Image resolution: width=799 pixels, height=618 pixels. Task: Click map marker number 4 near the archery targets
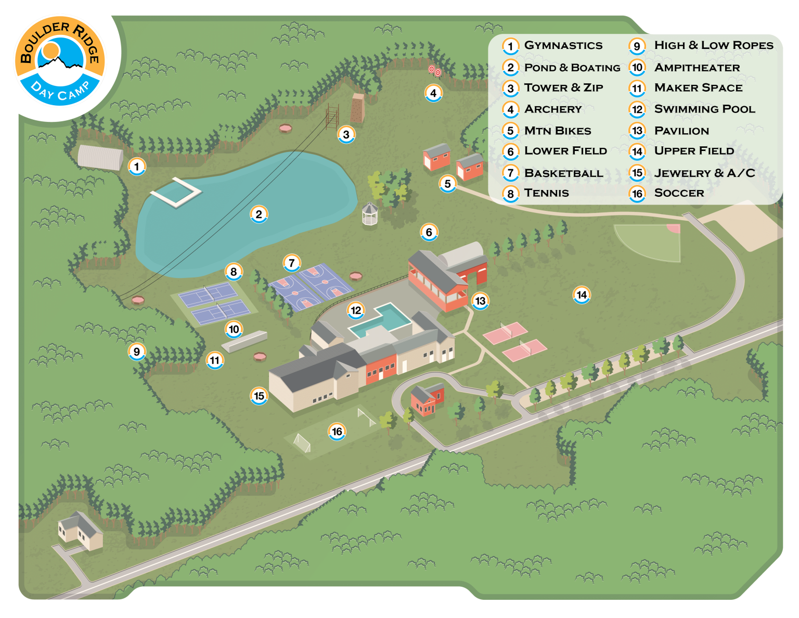click(433, 93)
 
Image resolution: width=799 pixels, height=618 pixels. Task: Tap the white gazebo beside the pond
click(369, 213)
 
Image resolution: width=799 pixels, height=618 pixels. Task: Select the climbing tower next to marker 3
click(357, 108)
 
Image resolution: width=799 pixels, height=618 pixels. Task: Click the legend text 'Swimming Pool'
click(704, 109)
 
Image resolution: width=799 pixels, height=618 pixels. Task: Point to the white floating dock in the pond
click(176, 192)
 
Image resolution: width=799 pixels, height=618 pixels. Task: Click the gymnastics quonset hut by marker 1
click(100, 157)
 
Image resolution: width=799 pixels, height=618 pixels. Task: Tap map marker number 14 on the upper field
click(582, 295)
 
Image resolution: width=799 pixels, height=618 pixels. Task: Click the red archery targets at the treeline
click(434, 71)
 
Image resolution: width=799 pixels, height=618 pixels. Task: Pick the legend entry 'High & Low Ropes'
click(714, 45)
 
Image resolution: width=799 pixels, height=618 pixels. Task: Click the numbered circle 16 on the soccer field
click(337, 431)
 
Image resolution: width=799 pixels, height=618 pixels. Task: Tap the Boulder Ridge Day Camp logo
click(60, 62)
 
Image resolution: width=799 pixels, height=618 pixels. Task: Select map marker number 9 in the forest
click(137, 351)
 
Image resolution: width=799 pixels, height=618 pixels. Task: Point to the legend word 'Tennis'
click(546, 193)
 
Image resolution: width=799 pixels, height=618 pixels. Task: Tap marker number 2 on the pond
click(259, 214)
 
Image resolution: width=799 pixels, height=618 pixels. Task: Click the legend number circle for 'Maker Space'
click(637, 88)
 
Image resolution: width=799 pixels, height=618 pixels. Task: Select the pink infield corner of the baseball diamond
click(674, 229)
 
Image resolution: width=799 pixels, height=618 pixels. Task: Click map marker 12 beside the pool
click(356, 310)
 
